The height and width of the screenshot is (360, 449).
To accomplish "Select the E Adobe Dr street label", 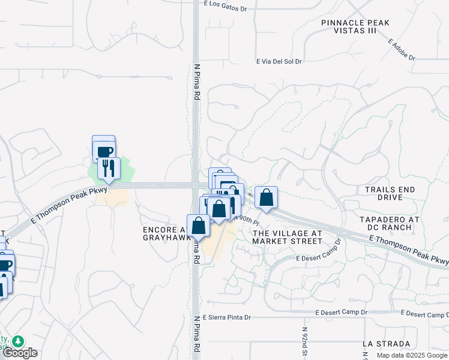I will click(x=402, y=50).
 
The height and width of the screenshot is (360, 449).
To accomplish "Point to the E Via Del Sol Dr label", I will click(x=279, y=61).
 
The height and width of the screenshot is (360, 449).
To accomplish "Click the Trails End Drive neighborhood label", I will click(x=390, y=193).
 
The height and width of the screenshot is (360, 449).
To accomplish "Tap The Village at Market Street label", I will click(x=287, y=237).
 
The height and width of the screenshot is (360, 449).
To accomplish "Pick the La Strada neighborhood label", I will click(x=387, y=344).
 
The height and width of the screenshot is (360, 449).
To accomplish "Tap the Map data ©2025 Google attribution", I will click(x=412, y=355).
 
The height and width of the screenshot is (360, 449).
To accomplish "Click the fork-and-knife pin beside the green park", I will click(x=109, y=168).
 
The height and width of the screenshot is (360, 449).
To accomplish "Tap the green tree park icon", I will click(x=19, y=341).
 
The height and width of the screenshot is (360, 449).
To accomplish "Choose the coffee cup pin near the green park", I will click(x=104, y=150).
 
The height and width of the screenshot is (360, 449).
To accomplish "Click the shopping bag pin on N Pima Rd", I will click(x=199, y=226).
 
